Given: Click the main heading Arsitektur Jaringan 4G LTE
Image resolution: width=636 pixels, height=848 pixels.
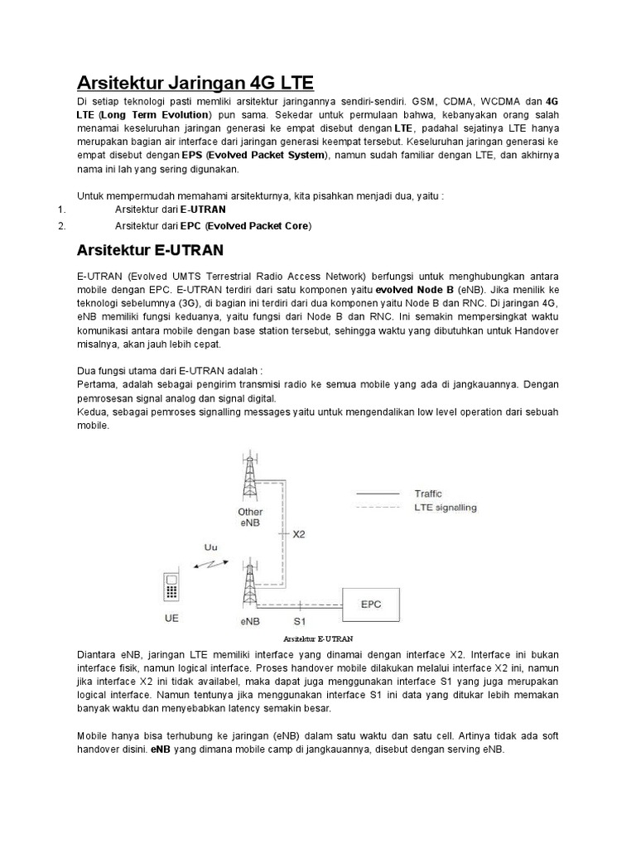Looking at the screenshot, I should (195, 83).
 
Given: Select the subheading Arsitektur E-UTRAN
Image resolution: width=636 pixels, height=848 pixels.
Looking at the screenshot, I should (150, 249).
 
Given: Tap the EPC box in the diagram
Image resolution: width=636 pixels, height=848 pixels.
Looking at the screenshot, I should (371, 604).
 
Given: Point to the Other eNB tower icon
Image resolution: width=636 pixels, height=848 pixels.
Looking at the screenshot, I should (248, 475).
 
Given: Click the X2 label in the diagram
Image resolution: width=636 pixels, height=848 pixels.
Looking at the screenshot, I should (299, 534).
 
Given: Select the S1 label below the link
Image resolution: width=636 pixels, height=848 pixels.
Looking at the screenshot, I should (299, 619).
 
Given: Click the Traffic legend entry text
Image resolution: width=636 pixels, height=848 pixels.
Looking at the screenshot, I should (428, 494).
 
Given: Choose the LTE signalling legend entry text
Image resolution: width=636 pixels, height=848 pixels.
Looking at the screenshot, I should (445, 508).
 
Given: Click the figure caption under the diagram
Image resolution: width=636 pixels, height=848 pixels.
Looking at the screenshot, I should (317, 639).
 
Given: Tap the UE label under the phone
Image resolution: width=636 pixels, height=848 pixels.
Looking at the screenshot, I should (171, 619).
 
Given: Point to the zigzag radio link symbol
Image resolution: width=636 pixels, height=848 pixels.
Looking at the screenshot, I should (207, 565).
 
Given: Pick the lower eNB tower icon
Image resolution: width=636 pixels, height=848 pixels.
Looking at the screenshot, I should (249, 584).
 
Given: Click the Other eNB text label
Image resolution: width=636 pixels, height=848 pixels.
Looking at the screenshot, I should (250, 518).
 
